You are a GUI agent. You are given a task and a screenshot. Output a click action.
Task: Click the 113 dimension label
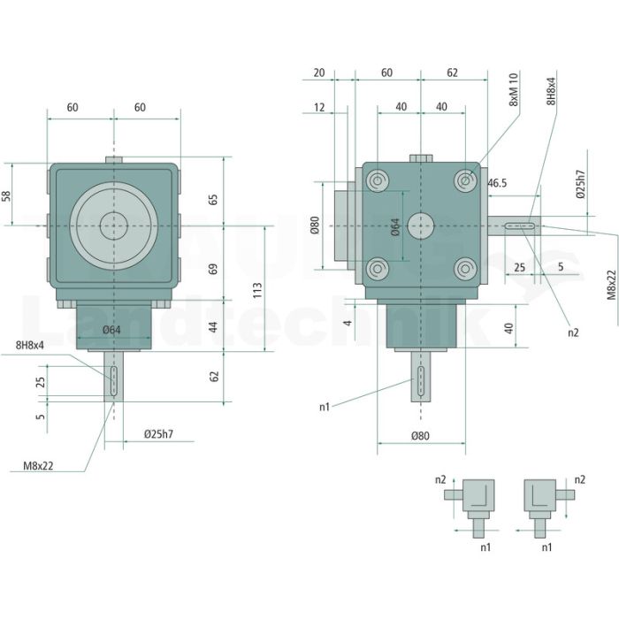point(257,290)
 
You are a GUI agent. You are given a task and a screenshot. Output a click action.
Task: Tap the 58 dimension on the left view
point(7,196)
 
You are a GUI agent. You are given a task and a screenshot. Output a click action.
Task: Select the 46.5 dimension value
point(497,183)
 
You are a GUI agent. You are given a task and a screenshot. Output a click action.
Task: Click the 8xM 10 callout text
point(513,89)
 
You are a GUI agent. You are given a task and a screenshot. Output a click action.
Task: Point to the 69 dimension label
point(213,269)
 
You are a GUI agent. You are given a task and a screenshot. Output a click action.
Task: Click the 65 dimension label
point(213,199)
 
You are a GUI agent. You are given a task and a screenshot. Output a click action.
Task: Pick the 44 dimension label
point(213,327)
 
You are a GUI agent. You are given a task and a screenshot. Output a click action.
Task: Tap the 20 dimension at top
point(319,73)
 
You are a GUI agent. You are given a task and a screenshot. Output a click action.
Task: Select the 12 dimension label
point(319,107)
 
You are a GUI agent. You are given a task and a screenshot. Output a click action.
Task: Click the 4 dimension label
point(348,323)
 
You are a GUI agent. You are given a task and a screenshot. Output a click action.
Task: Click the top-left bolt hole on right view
point(378,181)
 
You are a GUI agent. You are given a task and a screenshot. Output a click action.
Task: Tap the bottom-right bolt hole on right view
point(465,269)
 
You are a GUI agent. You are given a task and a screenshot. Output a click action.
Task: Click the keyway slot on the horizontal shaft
point(520,225)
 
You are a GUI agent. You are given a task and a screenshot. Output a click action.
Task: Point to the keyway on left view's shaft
point(114,381)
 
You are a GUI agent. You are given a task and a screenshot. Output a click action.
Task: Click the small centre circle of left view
point(114,225)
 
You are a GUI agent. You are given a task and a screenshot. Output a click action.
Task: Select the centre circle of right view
point(421,225)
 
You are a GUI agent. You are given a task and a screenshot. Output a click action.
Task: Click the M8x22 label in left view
point(38,466)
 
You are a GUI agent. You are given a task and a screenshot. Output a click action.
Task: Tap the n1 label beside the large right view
point(325,407)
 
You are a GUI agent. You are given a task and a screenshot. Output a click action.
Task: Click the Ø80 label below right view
point(420,436)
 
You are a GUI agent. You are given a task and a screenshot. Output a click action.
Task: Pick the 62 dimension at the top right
point(453,73)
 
